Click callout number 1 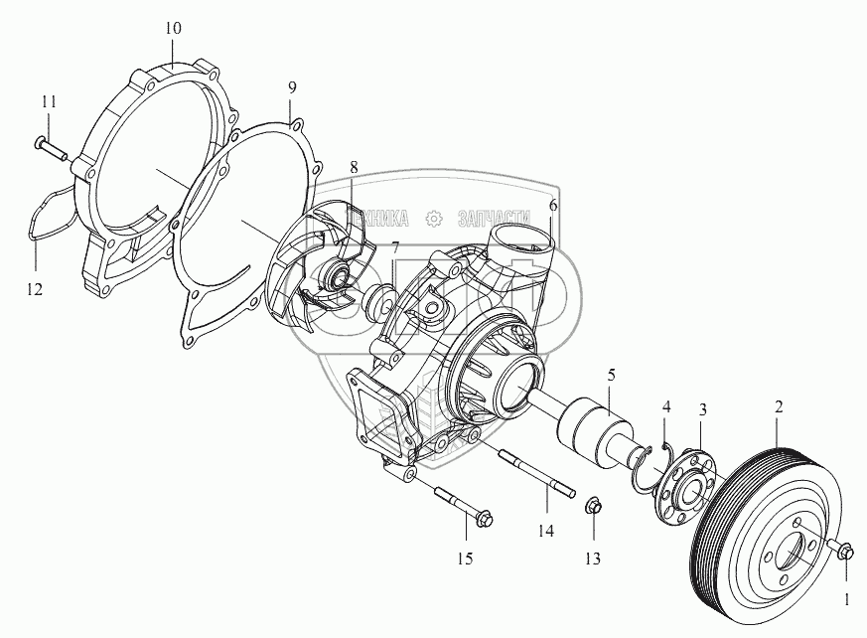click(846, 599)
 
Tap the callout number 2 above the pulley click(780, 406)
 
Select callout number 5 click(611, 375)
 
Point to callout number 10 click(173, 28)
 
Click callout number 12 click(35, 290)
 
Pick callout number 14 click(545, 532)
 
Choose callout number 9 click(291, 87)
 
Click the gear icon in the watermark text click(432, 218)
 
